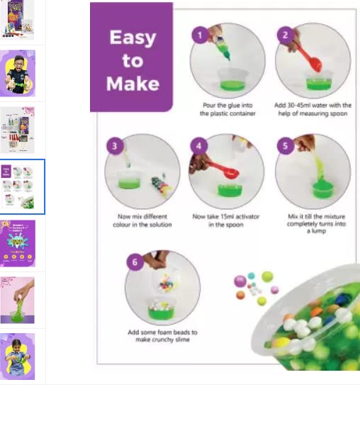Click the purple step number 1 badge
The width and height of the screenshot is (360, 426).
[200, 34]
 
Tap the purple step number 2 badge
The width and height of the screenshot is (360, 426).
[285, 34]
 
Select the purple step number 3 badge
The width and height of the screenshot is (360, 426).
[115, 146]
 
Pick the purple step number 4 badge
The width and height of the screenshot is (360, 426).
[200, 146]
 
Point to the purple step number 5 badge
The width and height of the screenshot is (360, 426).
[285, 146]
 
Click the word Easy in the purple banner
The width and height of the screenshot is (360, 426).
[133, 38]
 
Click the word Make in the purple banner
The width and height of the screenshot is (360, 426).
[133, 84]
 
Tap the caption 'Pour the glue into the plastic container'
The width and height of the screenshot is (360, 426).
[228, 109]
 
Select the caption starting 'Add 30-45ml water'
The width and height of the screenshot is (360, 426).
[313, 109]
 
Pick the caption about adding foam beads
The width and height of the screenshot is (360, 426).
[162, 336]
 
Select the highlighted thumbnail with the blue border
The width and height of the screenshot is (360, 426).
[18, 186]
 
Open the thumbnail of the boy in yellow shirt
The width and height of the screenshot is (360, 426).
[18, 73]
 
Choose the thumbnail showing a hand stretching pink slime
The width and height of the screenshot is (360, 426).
[18, 300]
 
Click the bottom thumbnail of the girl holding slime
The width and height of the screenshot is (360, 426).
[18, 357]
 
